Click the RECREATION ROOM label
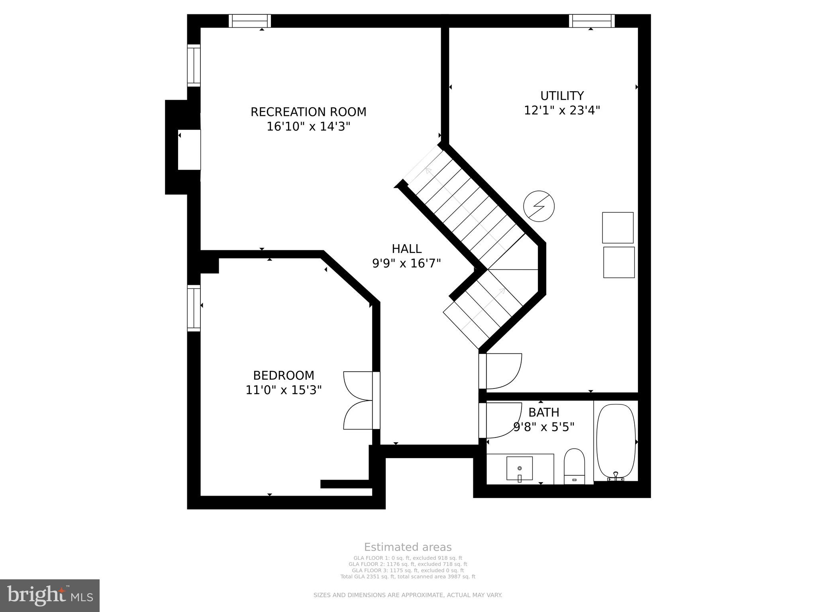(308, 112)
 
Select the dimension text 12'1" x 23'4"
(562, 110)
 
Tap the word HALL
(406, 249)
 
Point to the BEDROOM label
(284, 375)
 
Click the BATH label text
(543, 412)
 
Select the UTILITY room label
(562, 96)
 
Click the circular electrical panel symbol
(539, 206)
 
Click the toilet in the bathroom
(574, 466)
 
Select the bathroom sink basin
(519, 469)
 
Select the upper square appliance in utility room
(618, 228)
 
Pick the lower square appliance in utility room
(619, 262)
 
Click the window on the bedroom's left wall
(194, 308)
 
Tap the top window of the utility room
(591, 21)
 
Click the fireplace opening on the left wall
(189, 150)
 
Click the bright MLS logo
(50, 595)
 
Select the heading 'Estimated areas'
(408, 547)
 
